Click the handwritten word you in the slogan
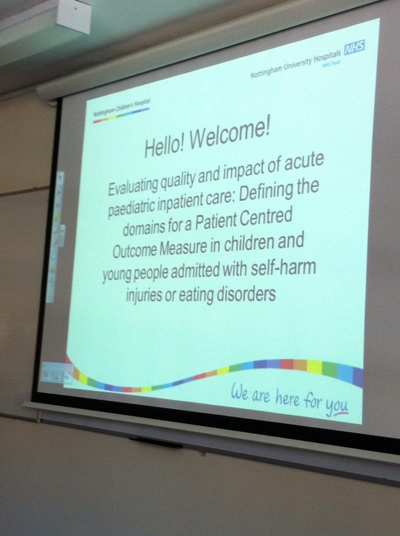pyautogui.click(x=337, y=408)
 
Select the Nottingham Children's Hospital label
pyautogui.click(x=121, y=110)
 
